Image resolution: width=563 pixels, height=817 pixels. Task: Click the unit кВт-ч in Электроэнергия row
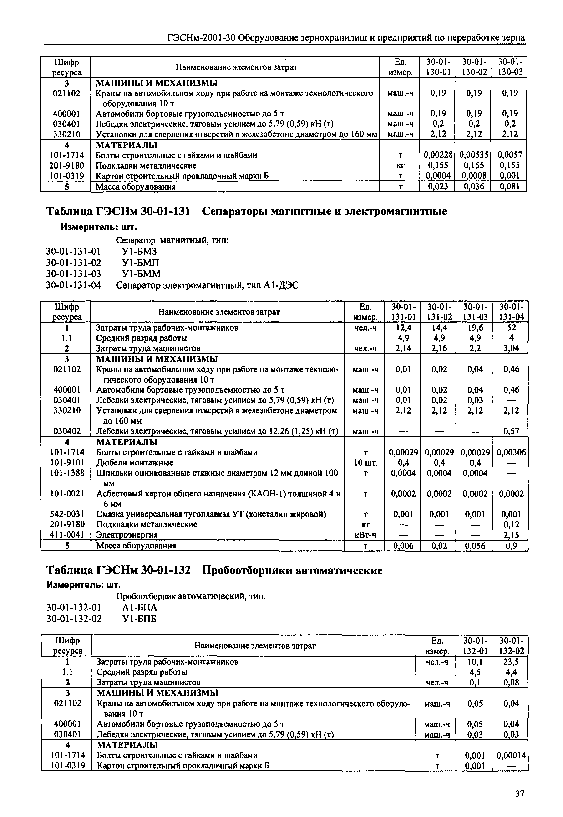point(365,535)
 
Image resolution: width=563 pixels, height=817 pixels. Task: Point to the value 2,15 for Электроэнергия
point(510,535)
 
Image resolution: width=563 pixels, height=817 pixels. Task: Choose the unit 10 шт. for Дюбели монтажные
point(365,463)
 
